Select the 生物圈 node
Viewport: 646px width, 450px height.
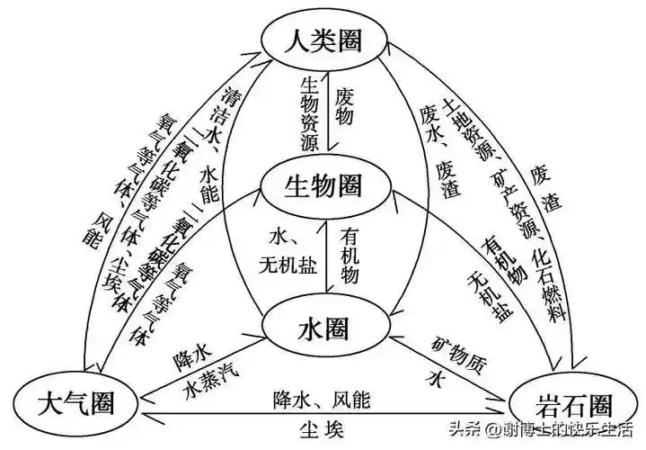pyautogui.click(x=323, y=187)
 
